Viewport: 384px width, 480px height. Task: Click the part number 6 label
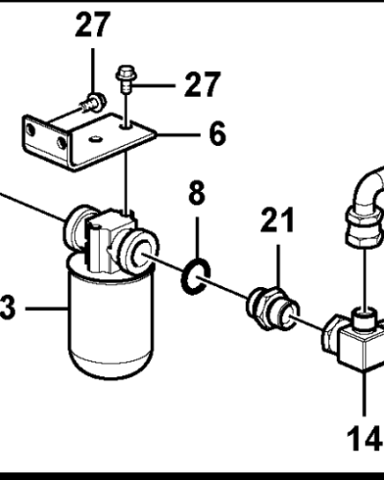pos(217,133)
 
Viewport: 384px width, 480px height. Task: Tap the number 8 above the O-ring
pos(196,195)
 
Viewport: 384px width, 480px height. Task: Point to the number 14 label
pos(365,440)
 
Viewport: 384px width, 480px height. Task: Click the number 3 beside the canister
pos(8,308)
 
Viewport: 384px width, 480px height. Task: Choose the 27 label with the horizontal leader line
pos(203,84)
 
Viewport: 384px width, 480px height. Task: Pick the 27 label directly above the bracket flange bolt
pos(92,26)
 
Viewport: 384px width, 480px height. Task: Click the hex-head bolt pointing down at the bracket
pos(125,76)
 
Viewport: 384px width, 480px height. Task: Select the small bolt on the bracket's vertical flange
pos(92,102)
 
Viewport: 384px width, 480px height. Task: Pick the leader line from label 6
pos(178,133)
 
